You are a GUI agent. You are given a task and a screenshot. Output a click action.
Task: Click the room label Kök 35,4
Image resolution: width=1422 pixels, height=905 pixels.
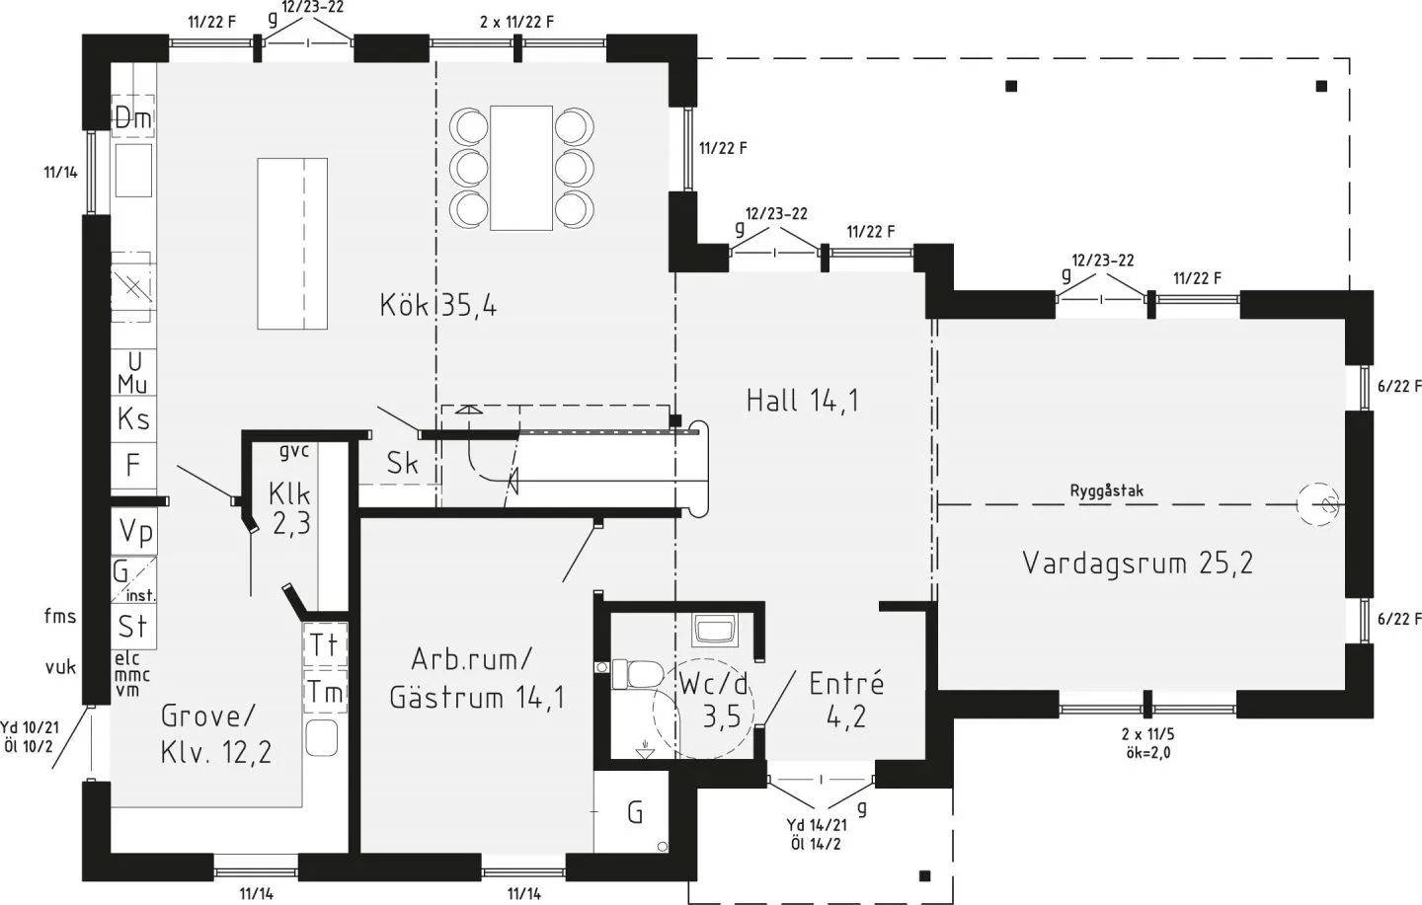click(x=437, y=305)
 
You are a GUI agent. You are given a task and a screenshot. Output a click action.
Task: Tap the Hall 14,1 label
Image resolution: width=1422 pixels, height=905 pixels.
click(x=802, y=400)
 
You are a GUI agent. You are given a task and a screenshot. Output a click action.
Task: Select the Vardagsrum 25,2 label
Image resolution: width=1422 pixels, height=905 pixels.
click(x=1138, y=563)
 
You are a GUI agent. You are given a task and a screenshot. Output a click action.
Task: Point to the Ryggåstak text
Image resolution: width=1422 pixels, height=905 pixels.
click(x=1107, y=490)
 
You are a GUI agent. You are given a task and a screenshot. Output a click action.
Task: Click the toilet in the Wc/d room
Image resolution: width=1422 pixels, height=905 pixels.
click(x=637, y=674)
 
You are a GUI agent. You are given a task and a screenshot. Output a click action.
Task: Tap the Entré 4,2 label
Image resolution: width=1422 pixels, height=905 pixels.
click(x=846, y=699)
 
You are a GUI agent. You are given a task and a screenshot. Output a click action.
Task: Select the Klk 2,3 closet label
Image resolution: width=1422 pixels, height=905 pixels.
click(x=290, y=507)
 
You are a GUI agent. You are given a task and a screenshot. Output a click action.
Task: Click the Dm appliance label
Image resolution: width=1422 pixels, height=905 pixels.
click(x=133, y=117)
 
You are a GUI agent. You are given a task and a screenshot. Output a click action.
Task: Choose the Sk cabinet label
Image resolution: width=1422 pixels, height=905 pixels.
click(x=402, y=462)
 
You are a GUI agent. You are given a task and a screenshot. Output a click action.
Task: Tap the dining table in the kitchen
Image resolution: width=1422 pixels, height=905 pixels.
click(x=520, y=167)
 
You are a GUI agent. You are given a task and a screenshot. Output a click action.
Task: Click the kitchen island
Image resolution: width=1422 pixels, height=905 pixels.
click(x=292, y=243)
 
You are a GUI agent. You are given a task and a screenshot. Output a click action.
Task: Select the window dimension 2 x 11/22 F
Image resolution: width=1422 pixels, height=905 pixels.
click(x=516, y=21)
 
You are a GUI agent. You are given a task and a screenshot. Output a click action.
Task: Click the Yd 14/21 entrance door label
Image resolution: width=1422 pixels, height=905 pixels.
click(x=816, y=825)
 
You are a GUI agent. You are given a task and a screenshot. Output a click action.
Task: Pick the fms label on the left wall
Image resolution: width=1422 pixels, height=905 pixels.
click(x=60, y=616)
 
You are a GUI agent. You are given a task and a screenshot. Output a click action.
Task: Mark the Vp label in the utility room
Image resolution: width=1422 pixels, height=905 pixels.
click(x=136, y=532)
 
